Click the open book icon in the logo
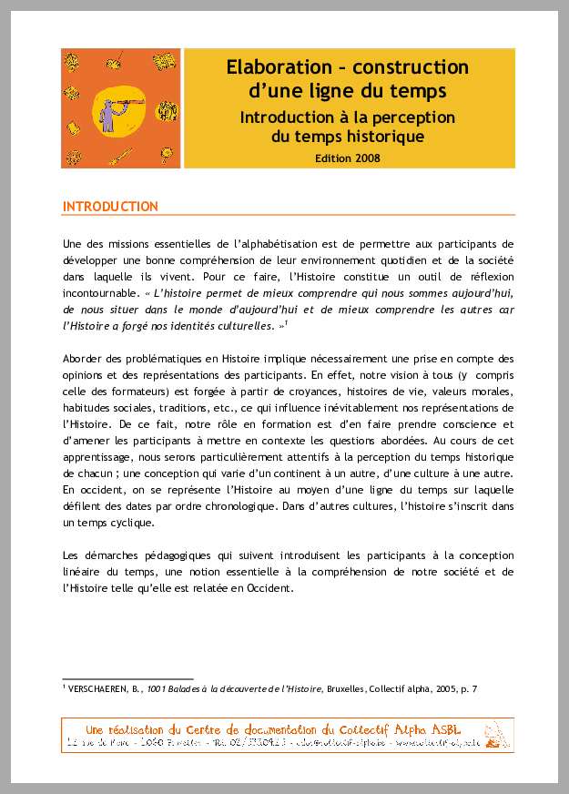tap(164, 63)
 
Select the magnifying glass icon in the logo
tap(116, 61)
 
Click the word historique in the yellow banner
tap(387, 137)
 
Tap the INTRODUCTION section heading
tap(110, 207)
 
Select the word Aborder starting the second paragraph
tap(86, 360)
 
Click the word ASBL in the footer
tap(442, 729)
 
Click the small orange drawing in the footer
tap(493, 735)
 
